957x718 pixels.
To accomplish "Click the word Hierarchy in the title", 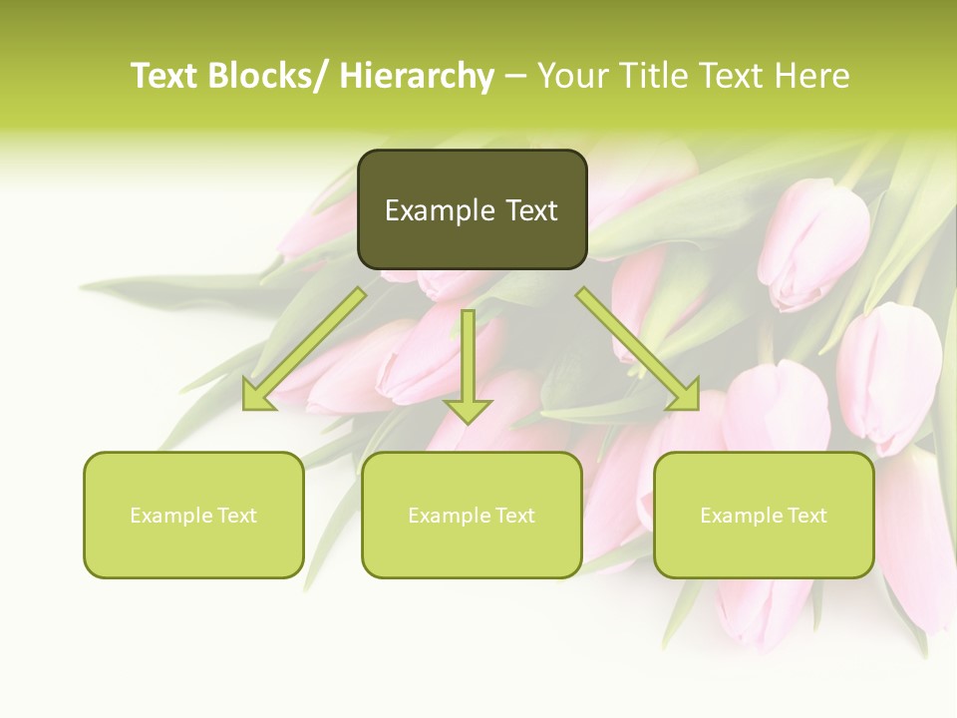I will point(417,76).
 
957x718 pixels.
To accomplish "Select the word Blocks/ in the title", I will point(269,76).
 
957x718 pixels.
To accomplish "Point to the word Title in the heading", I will point(653,76).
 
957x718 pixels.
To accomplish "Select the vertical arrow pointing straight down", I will point(468,364).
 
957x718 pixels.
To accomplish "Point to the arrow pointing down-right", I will point(638,349).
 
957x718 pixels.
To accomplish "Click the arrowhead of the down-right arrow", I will point(684,394).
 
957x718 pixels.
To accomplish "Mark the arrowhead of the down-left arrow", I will point(258,394).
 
